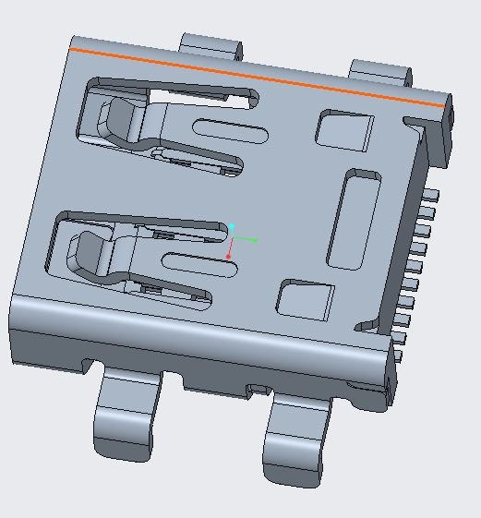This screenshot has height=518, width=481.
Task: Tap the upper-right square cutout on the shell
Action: click(344, 130)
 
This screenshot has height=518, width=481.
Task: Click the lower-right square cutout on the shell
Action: click(306, 300)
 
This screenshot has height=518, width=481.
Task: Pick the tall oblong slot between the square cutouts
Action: click(355, 219)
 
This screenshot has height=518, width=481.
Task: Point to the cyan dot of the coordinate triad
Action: click(233, 226)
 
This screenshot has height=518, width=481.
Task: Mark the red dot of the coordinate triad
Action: click(229, 257)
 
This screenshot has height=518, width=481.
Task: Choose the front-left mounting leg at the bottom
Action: click(125, 420)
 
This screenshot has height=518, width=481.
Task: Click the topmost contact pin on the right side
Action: click(429, 196)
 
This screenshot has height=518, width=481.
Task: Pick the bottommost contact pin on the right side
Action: click(399, 355)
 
